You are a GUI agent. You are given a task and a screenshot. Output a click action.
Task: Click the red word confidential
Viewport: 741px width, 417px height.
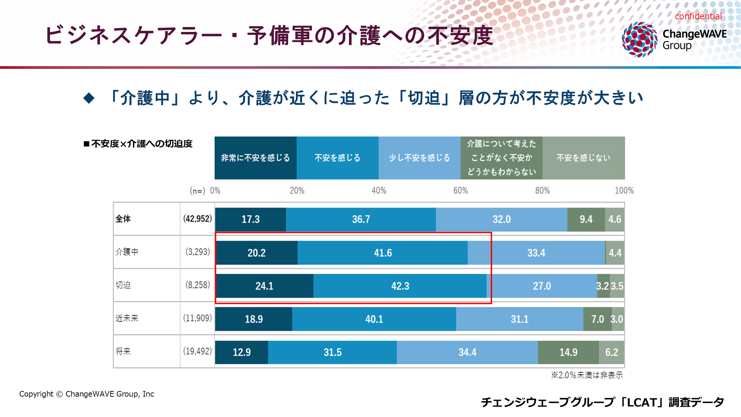tap(698, 16)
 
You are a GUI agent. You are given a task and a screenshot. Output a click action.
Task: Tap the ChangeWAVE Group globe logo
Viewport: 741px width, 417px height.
tap(640, 39)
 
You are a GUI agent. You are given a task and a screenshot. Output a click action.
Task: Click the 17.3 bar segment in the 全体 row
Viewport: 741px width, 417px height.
tap(251, 219)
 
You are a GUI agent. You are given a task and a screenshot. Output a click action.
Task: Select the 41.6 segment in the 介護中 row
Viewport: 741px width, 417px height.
tap(383, 253)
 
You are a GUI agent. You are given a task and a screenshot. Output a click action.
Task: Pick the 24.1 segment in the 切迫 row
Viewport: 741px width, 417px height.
tap(264, 286)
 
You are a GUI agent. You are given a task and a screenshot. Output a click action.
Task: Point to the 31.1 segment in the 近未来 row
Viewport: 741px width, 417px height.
tap(520, 319)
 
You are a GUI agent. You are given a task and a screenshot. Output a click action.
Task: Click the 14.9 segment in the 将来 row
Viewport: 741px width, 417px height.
tap(568, 352)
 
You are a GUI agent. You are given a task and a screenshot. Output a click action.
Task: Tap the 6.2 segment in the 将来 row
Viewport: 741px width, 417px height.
tap(611, 352)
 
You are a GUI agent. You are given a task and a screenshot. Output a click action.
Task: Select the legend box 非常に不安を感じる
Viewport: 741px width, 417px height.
tap(256, 158)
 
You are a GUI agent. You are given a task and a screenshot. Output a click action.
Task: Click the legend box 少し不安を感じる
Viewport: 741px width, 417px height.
tap(419, 158)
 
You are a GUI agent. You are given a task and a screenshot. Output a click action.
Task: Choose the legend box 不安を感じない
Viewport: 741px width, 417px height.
tap(584, 158)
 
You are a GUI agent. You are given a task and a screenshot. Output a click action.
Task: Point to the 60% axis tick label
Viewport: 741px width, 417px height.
tap(461, 190)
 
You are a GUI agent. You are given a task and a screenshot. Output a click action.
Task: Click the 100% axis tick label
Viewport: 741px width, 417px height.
tap(624, 190)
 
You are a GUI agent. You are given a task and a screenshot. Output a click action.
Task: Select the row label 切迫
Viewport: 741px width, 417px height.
tap(123, 285)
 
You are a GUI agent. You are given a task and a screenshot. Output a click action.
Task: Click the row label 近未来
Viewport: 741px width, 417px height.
tap(127, 318)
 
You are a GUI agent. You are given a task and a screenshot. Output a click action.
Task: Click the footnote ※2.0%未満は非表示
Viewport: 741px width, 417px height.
tap(587, 375)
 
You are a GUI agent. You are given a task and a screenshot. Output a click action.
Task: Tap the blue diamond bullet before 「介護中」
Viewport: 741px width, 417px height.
tap(89, 98)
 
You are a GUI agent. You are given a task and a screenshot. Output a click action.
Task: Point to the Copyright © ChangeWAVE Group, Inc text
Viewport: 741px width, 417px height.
tap(87, 394)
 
